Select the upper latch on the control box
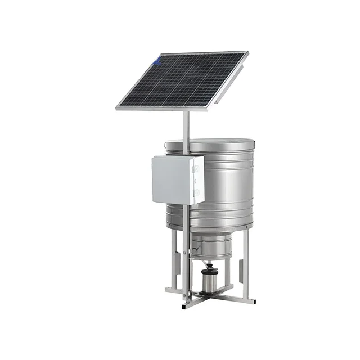(196, 166)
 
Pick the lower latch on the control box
(196, 193)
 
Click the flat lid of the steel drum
(211, 143)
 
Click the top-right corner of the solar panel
(246, 53)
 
